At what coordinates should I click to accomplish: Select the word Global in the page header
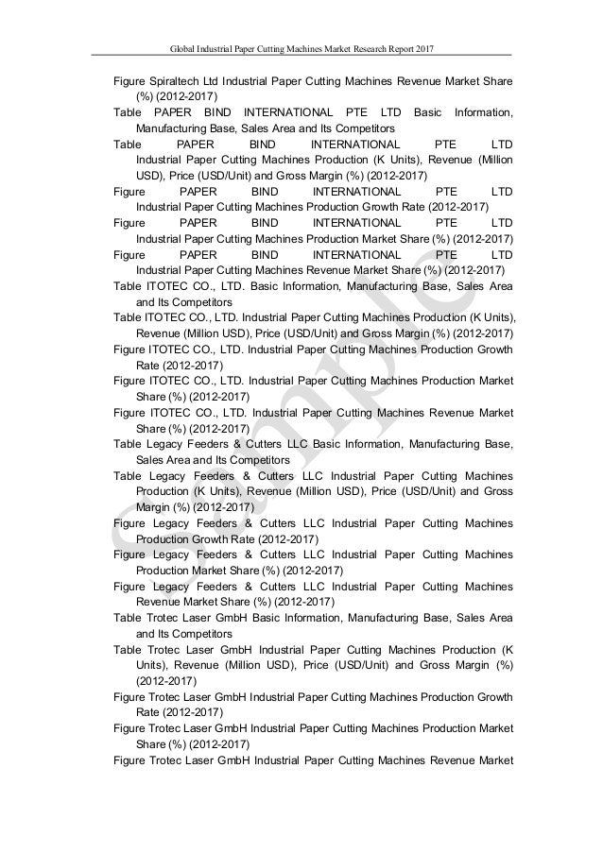tap(184, 46)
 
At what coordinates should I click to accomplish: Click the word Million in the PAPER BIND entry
tap(491, 160)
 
